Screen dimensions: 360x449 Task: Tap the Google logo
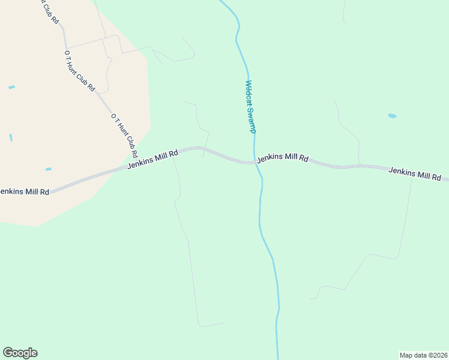point(20,353)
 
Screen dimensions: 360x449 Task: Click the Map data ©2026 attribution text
point(423,355)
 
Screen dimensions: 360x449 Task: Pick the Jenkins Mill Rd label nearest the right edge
point(414,174)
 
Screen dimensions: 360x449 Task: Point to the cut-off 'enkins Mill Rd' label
point(24,192)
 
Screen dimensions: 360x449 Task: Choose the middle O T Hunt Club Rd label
point(80,70)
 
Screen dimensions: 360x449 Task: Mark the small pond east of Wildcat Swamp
point(392,116)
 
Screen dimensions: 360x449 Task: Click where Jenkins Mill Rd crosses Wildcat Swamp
point(255,162)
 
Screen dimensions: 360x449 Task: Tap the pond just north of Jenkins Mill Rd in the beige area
point(48,169)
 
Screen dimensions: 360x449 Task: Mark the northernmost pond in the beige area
point(11,88)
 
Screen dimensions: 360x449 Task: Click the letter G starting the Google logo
point(8,353)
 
